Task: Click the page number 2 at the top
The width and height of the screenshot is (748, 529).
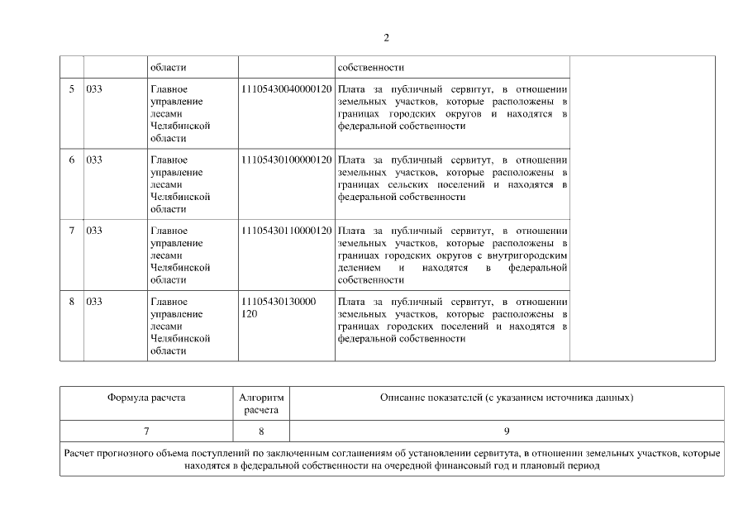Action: click(386, 37)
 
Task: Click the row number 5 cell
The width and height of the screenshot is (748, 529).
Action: click(71, 88)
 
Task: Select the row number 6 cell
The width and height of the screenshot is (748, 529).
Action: click(71, 160)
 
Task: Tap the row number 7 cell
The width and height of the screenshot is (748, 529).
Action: click(71, 230)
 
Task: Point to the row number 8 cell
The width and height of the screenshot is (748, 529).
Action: click(71, 301)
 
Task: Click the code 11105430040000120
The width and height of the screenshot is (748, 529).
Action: click(286, 88)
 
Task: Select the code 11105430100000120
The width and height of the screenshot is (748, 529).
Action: click(286, 160)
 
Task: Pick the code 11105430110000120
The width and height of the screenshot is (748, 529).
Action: click(286, 230)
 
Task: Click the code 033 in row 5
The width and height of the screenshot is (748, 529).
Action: click(94, 88)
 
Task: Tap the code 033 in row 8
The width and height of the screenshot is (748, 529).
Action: click(94, 301)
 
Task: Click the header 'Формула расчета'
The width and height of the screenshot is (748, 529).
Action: click(146, 398)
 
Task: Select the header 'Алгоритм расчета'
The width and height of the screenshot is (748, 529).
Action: click(261, 403)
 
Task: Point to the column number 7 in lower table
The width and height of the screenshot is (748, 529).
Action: click(146, 431)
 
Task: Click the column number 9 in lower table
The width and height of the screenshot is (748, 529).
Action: click(507, 431)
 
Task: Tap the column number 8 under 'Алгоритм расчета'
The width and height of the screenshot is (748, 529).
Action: click(261, 431)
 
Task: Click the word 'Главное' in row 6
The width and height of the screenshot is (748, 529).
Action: click(169, 160)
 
